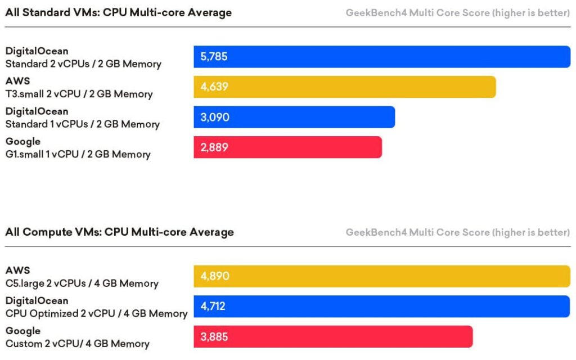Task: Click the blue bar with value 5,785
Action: point(382,57)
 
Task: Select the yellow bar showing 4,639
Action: point(345,87)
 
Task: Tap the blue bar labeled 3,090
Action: point(294,117)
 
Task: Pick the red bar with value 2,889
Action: point(287,147)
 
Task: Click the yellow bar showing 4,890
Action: point(382,276)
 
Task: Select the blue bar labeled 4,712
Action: point(382,307)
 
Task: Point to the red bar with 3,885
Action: point(333,336)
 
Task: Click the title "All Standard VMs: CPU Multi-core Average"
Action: point(118,12)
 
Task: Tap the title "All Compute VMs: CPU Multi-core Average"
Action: point(119,232)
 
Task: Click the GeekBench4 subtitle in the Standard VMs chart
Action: point(458,13)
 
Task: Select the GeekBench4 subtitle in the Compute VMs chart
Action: point(458,232)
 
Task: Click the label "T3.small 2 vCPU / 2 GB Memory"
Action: point(79,94)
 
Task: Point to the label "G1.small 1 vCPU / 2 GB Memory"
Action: point(78,154)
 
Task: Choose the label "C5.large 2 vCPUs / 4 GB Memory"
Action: point(82,283)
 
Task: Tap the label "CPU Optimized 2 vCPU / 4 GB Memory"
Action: point(96,314)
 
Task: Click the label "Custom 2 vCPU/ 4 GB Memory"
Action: point(77,344)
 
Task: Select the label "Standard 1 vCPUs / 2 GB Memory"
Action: point(82,124)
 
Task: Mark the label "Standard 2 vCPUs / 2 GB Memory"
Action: point(83,64)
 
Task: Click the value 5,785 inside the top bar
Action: point(214,57)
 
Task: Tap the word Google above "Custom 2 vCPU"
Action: point(22,331)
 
